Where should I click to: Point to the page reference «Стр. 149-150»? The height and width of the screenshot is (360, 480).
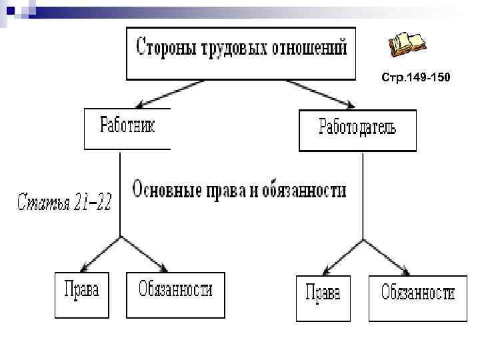(416, 78)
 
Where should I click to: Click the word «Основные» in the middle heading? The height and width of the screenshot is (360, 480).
(166, 190)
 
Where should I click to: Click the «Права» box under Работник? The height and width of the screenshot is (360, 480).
(81, 294)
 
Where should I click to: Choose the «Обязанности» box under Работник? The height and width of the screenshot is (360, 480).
(175, 294)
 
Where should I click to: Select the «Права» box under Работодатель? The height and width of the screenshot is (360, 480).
(323, 297)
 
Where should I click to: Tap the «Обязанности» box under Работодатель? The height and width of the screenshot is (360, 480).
(418, 297)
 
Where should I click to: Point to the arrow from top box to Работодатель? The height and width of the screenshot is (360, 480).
(321, 93)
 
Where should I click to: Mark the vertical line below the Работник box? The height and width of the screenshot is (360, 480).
(120, 193)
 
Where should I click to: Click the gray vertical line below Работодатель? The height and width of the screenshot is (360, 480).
(363, 197)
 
